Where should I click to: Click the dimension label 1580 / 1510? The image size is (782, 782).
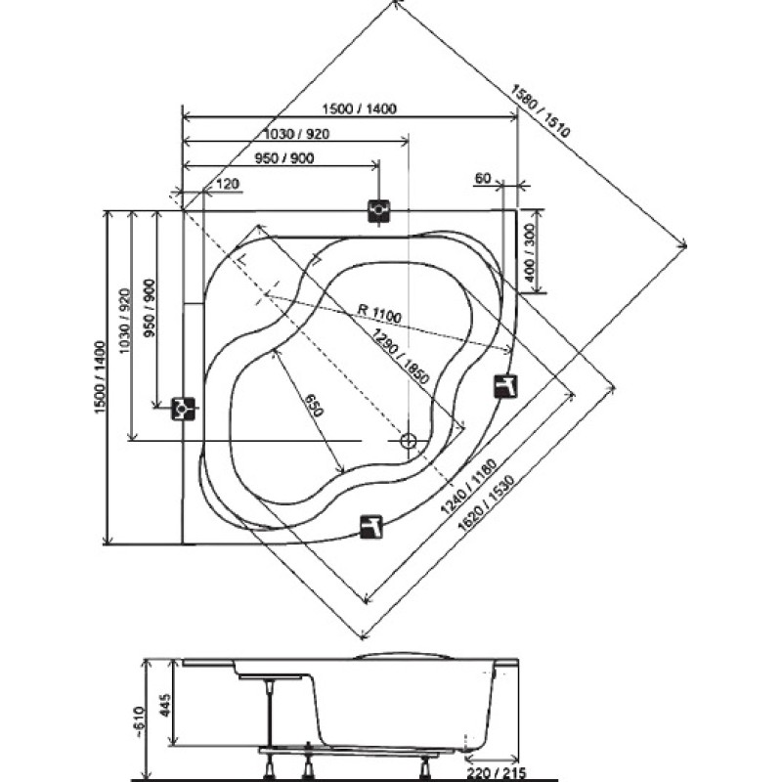[x=540, y=110]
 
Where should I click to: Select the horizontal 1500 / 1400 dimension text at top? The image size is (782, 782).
[x=359, y=109]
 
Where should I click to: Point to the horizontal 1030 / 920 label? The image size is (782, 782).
[x=296, y=134]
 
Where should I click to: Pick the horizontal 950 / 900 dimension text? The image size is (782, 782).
[x=284, y=158]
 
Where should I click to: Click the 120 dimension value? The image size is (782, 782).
[x=228, y=184]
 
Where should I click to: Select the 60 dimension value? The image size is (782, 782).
[x=483, y=178]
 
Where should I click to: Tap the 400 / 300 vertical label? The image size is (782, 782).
[x=530, y=251]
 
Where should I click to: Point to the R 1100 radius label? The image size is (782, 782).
[x=379, y=313]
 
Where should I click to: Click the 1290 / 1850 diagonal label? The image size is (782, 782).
[x=395, y=356]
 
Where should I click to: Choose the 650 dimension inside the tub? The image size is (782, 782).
[x=314, y=405]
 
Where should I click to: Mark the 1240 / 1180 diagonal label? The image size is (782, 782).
[x=469, y=486]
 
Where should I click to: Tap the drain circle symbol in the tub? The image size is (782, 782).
[x=409, y=441]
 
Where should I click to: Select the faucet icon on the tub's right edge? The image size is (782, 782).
[x=505, y=386]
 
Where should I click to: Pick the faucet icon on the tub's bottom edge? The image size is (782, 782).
[x=371, y=527]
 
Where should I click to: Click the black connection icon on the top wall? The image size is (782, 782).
[x=379, y=211]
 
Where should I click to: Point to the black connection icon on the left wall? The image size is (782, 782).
[x=183, y=409]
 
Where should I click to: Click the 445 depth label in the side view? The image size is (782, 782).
[x=165, y=704]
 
